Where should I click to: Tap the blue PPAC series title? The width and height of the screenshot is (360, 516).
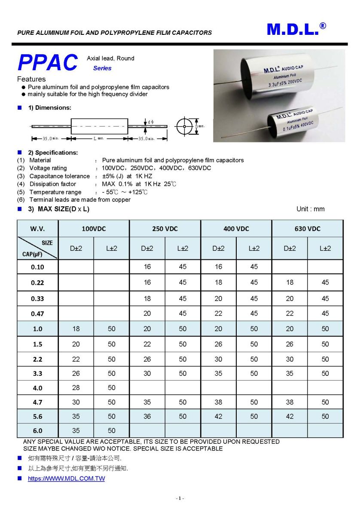[48, 63]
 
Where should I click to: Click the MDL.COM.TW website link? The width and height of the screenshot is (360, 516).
[66, 479]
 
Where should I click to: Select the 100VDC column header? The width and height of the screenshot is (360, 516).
[94, 229]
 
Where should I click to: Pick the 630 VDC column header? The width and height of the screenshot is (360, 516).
[307, 229]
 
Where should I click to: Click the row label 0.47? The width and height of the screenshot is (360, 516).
[37, 313]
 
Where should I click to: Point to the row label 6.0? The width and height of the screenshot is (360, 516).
[37, 430]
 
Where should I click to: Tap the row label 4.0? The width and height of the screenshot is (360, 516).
[37, 388]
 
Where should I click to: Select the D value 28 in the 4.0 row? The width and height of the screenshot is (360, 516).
[76, 388]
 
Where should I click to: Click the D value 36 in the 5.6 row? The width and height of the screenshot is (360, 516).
[147, 416]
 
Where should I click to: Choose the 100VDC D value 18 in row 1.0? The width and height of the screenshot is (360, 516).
[76, 329]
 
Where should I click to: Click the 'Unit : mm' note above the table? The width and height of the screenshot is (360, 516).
[310, 209]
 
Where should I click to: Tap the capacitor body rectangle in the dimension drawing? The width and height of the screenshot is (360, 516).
[99, 126]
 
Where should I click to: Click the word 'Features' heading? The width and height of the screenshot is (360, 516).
[31, 79]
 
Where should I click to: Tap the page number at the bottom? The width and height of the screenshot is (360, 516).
[180, 498]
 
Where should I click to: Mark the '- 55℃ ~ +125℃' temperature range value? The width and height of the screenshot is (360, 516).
[125, 192]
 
